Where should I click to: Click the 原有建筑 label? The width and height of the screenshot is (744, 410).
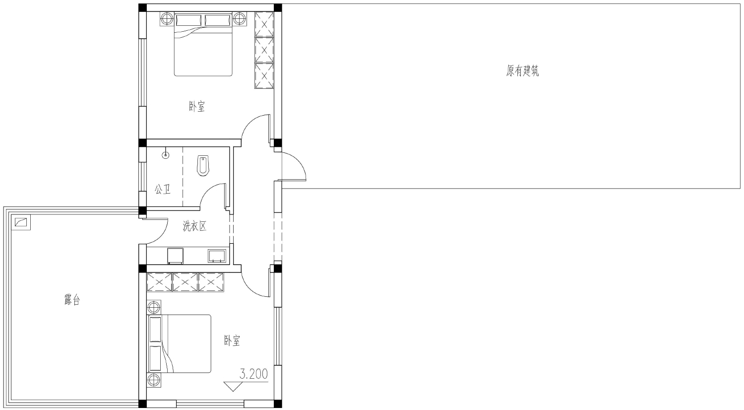pyautogui.click(x=522, y=71)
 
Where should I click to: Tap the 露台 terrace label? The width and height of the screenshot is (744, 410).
pyautogui.click(x=72, y=300)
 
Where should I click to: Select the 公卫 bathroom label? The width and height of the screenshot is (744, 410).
pyautogui.click(x=162, y=190)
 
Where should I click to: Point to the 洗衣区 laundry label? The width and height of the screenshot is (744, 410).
pyautogui.click(x=194, y=226)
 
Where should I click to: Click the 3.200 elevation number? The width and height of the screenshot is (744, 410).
pyautogui.click(x=254, y=374)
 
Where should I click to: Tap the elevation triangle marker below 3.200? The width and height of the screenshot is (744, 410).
pyautogui.click(x=233, y=386)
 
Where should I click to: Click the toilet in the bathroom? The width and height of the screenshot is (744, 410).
pyautogui.click(x=203, y=165)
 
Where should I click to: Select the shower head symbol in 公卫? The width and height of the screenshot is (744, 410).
pyautogui.click(x=165, y=155)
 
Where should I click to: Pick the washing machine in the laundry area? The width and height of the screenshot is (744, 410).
pyautogui.click(x=176, y=256)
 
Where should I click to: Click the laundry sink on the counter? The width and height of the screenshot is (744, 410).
pyautogui.click(x=217, y=256)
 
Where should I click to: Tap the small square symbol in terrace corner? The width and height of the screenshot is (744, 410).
pyautogui.click(x=21, y=222)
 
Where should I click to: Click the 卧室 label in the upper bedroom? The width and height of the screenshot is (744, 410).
pyautogui.click(x=197, y=107)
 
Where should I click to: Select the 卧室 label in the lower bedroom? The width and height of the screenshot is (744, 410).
pyautogui.click(x=232, y=341)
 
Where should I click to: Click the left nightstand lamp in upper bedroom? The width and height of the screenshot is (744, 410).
pyautogui.click(x=167, y=19)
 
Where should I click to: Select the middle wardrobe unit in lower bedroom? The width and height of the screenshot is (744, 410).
pyautogui.click(x=186, y=282)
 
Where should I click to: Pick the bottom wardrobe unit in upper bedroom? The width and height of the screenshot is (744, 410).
pyautogui.click(x=264, y=76)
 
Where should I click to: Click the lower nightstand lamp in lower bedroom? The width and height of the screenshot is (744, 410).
pyautogui.click(x=154, y=380)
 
